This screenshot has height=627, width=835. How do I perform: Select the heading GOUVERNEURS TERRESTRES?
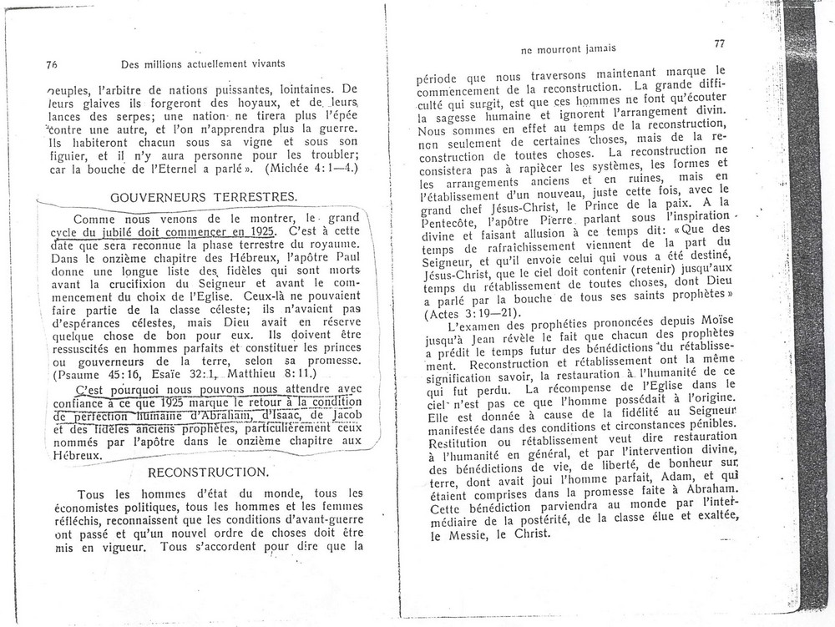[204, 196]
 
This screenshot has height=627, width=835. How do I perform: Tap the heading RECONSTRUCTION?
[208, 472]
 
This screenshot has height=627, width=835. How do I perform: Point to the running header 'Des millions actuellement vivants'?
[203, 63]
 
